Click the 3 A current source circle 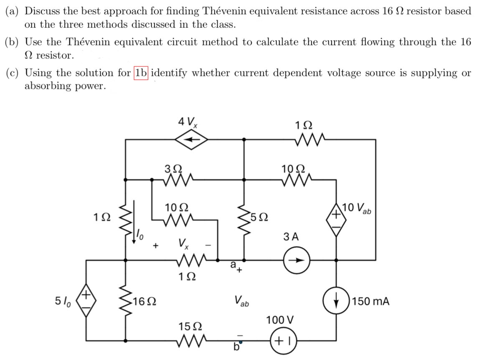pyautogui.click(x=297, y=259)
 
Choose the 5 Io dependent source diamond pyautogui.click(x=86, y=301)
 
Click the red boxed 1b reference pyautogui.click(x=141, y=73)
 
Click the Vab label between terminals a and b pyautogui.click(x=241, y=300)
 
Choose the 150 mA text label pyautogui.click(x=371, y=301)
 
